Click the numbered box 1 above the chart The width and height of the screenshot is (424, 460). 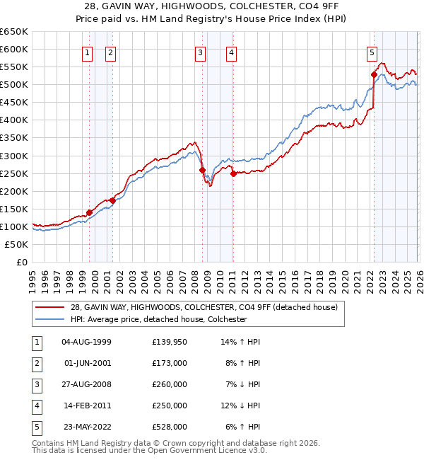pos(87,52)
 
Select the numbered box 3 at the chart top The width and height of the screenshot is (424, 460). pos(201,52)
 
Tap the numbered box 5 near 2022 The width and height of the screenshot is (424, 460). pos(372,52)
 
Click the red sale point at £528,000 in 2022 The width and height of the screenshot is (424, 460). pos(374,74)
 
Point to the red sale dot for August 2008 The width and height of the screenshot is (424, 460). pos(203,170)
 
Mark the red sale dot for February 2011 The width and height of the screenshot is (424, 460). pos(233,173)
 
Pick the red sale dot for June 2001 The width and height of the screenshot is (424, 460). pos(112,201)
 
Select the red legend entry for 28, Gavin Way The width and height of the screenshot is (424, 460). pos(204,307)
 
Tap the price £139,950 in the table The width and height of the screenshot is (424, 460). pos(170,342)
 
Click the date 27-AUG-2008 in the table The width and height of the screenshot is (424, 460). pos(87,384)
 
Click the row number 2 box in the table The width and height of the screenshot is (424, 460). pos(35,363)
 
